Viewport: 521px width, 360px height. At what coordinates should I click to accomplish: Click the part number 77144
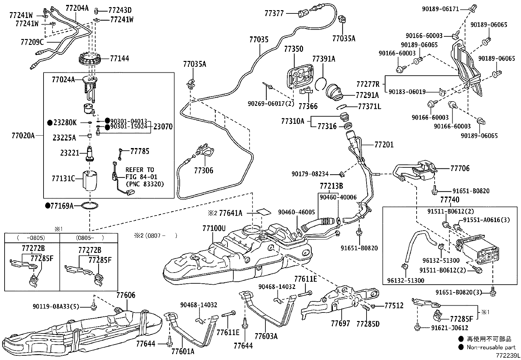(x=119, y=59)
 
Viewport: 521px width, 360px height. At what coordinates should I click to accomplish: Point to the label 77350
(x=294, y=49)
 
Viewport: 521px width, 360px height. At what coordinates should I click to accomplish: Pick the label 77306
(x=203, y=170)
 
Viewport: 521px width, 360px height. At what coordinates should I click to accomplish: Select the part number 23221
(x=70, y=153)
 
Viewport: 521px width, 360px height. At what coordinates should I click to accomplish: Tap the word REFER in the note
(x=135, y=170)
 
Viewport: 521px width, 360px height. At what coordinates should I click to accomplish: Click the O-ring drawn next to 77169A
(x=89, y=206)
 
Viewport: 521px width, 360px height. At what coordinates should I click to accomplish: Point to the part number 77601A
(x=183, y=352)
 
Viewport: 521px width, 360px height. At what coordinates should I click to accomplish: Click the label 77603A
(x=266, y=336)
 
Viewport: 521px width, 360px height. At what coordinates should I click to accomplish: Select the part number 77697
(x=340, y=323)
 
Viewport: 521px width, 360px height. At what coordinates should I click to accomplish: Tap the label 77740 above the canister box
(x=449, y=200)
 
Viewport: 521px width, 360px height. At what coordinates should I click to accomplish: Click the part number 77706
(x=460, y=168)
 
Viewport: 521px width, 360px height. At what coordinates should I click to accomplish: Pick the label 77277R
(x=368, y=84)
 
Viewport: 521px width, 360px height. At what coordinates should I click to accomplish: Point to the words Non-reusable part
(x=491, y=347)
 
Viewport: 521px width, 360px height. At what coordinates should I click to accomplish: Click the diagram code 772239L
(x=507, y=355)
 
